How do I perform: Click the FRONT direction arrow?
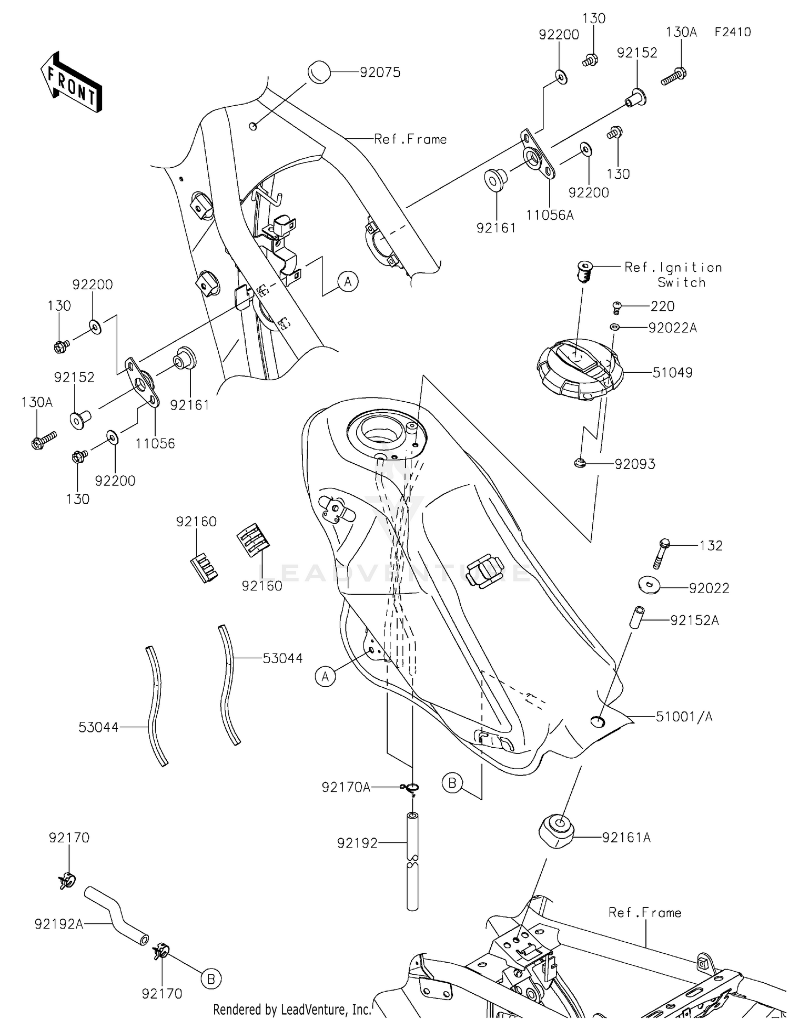72,83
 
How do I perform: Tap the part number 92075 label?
380,73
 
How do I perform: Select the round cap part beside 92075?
318,72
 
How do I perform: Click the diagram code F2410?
732,32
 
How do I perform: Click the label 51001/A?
684,717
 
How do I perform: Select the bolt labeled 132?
661,553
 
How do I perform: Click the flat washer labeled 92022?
650,584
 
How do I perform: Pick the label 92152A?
694,620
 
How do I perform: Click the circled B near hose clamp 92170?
210,979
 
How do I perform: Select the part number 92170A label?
346,787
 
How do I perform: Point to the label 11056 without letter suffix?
155,443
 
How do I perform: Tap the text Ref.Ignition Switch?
673,274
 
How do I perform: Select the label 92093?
635,464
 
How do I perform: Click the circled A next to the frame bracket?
348,282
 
